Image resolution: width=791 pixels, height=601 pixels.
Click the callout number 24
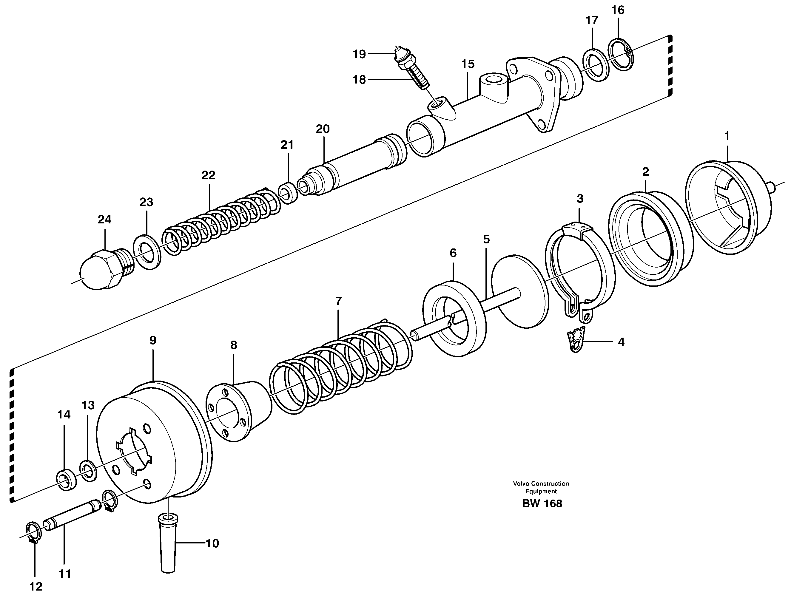coord(104,219)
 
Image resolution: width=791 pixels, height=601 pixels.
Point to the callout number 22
coord(208,175)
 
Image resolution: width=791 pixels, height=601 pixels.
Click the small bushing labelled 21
coord(289,194)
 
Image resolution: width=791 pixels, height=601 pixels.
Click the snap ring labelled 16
coord(621,54)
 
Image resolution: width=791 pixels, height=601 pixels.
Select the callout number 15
coord(468,64)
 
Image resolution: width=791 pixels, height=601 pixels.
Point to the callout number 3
coord(580,199)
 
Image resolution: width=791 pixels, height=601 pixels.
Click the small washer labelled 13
coord(88,471)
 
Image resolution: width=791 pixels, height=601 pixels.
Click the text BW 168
coord(542,503)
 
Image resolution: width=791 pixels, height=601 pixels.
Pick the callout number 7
coord(338,301)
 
